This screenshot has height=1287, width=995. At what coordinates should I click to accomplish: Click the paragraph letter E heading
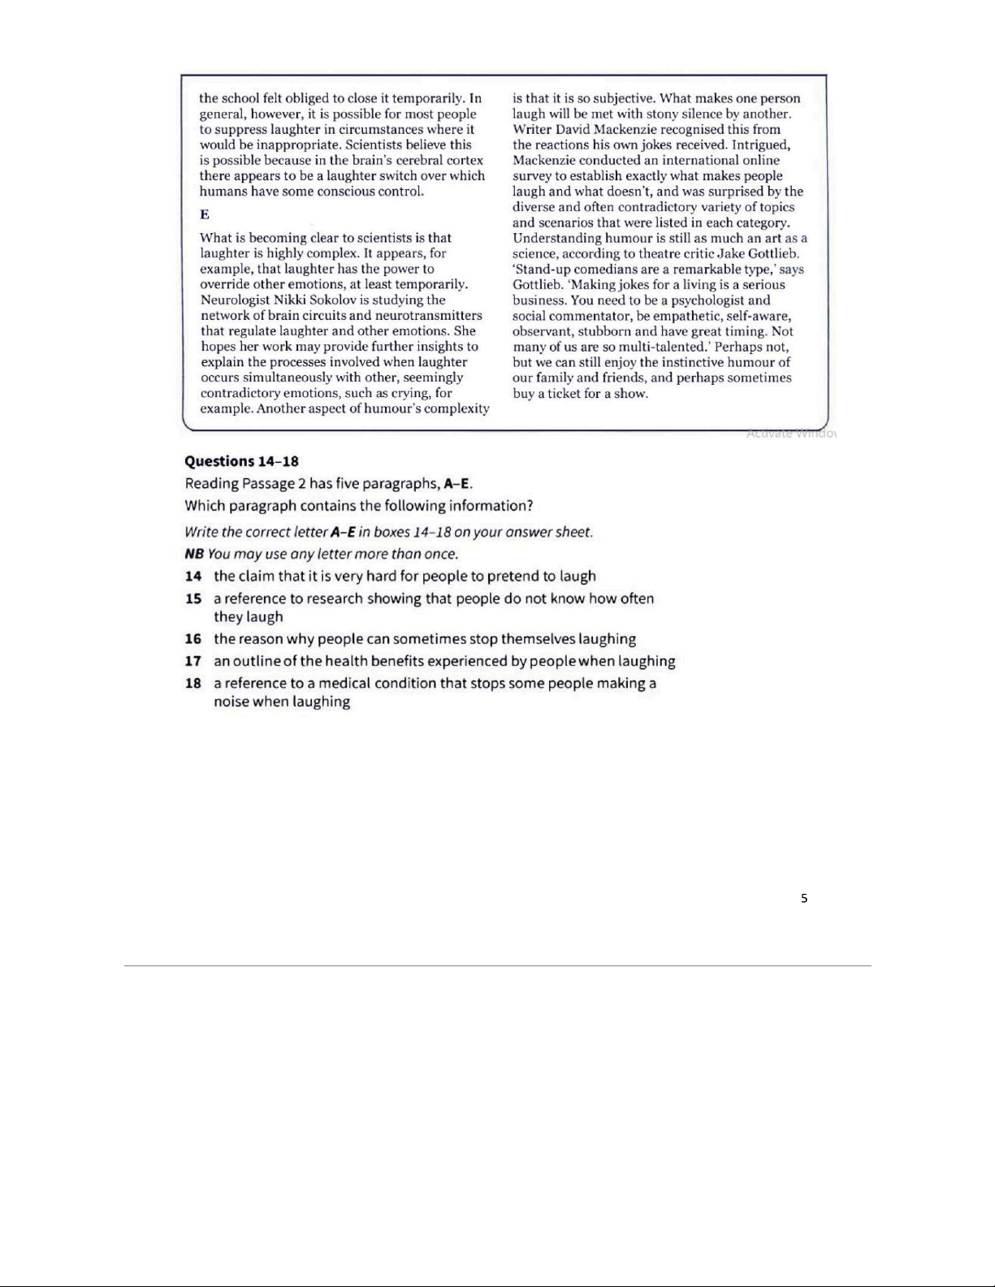point(205,214)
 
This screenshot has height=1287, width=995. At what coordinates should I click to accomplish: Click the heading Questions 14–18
point(241,461)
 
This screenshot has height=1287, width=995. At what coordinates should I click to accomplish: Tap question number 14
point(193,577)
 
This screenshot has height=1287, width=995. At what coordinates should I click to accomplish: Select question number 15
point(193,598)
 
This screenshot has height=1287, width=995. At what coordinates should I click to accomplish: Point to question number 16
point(193,639)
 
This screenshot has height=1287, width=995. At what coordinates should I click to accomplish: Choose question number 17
point(193,661)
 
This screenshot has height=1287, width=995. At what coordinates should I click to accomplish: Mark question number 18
point(193,683)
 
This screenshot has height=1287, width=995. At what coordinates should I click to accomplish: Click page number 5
point(804,898)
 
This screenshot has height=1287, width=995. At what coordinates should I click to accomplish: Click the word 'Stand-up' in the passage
point(543,270)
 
